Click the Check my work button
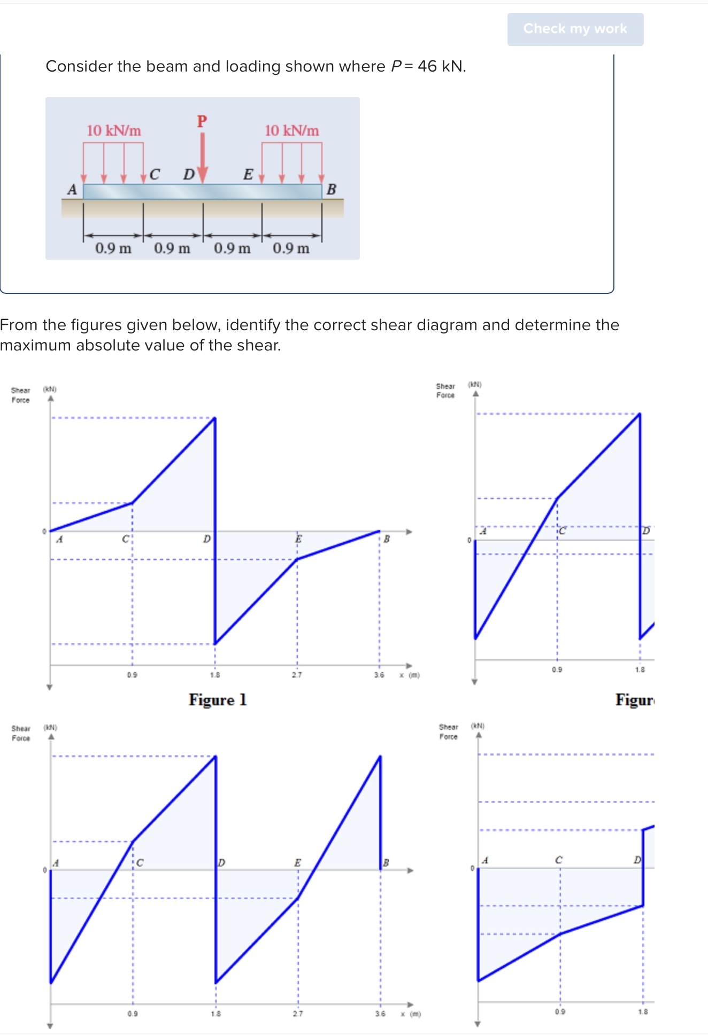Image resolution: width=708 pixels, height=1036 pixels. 575,29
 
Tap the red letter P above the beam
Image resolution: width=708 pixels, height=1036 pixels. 202,121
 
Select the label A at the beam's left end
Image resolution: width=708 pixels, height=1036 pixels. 72,190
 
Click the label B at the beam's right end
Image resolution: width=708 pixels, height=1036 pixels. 331,190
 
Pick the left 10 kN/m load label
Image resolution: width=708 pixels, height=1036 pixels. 114,131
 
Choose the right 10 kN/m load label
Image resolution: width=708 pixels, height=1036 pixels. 291,131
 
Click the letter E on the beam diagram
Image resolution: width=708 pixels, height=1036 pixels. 248,175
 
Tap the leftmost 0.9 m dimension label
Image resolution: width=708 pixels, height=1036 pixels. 113,248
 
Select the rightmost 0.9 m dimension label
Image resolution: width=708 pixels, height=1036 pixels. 291,248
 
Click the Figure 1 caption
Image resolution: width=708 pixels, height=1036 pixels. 218,700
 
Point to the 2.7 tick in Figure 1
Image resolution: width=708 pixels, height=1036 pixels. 297,675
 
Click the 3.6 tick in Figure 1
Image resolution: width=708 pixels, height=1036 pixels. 379,675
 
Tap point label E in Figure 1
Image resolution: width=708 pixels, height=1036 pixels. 298,539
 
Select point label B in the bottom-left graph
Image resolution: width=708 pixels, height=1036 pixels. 386,863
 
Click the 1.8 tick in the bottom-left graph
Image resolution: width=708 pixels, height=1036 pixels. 216,1014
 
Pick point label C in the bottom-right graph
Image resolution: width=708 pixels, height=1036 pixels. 558,860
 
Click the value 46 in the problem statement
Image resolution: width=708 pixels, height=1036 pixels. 427,66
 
